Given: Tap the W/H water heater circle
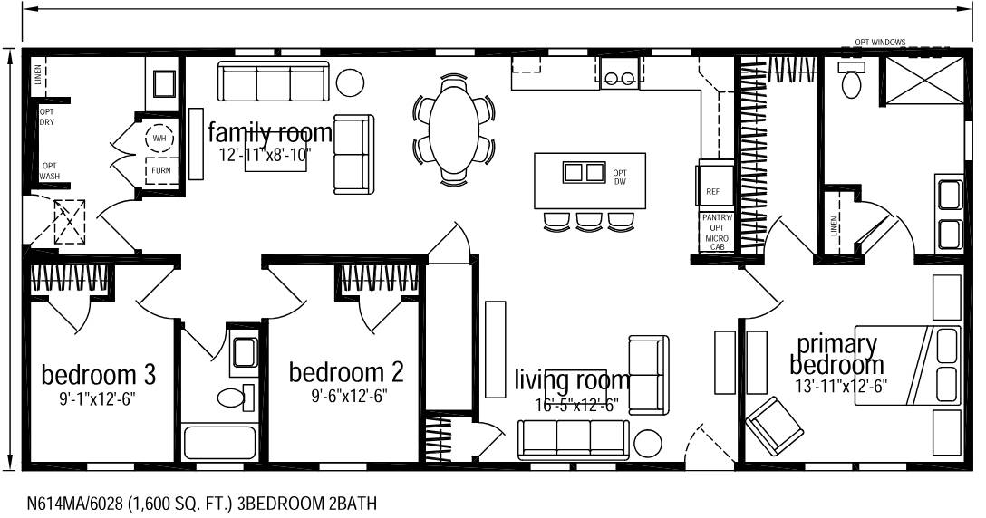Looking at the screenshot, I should pos(159,138).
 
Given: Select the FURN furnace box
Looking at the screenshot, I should pos(160,170).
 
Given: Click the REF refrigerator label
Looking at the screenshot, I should pos(712,193).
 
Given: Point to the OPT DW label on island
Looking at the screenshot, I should pos(620,177).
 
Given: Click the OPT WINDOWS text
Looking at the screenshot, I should pos(880,43).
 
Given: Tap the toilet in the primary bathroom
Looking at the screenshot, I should pos(852,82).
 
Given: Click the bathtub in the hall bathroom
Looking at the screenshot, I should pos(222,444).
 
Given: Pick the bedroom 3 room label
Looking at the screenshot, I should pos(99,373).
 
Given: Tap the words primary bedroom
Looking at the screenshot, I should pos(836,355).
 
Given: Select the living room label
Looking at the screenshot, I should pos(571,379).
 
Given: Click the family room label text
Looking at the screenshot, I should pos(270,133).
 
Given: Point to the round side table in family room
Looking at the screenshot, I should pos(350,82).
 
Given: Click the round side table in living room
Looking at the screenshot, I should pos(648,443).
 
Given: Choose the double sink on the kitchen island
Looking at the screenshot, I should pos(584,172).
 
